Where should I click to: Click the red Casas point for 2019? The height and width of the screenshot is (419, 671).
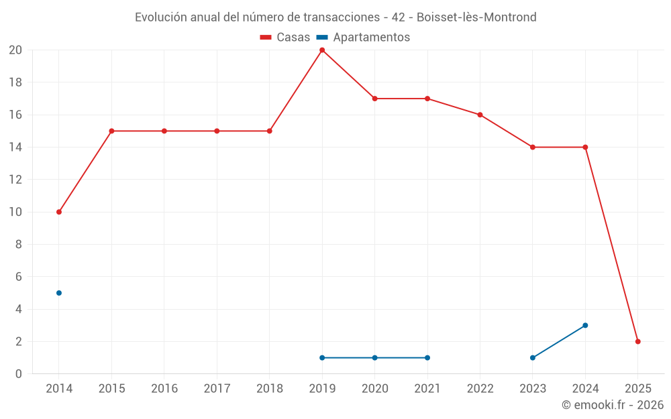click(x=322, y=50)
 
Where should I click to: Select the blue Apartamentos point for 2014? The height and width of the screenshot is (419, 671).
click(x=59, y=293)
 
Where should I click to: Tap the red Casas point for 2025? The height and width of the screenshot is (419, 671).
click(x=637, y=341)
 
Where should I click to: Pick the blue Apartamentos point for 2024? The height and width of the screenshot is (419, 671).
click(x=585, y=325)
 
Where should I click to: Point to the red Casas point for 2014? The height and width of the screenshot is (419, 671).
click(x=59, y=212)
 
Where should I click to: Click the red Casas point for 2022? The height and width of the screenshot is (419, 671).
click(x=480, y=115)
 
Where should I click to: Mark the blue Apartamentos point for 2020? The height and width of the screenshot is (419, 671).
click(x=374, y=357)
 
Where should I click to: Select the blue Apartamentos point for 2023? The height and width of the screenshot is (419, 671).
click(x=533, y=357)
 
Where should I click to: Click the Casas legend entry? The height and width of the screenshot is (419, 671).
click(x=285, y=38)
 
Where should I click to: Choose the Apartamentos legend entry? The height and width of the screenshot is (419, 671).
click(x=363, y=38)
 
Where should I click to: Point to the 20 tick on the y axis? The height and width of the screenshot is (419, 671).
click(x=15, y=50)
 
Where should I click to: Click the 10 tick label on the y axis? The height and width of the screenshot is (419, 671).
click(x=15, y=212)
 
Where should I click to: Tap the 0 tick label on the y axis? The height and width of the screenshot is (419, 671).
click(x=19, y=373)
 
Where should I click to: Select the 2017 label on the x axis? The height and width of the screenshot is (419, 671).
click(x=217, y=389)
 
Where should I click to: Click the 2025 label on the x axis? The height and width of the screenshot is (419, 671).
click(x=637, y=389)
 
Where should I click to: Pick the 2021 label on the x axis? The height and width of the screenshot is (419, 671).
click(x=427, y=389)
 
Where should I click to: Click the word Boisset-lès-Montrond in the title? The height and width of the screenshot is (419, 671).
click(x=476, y=17)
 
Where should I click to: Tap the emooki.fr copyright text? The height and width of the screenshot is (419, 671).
click(x=612, y=405)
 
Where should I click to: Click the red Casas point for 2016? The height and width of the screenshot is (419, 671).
click(x=164, y=131)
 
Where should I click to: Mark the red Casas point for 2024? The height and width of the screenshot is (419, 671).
click(x=585, y=147)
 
